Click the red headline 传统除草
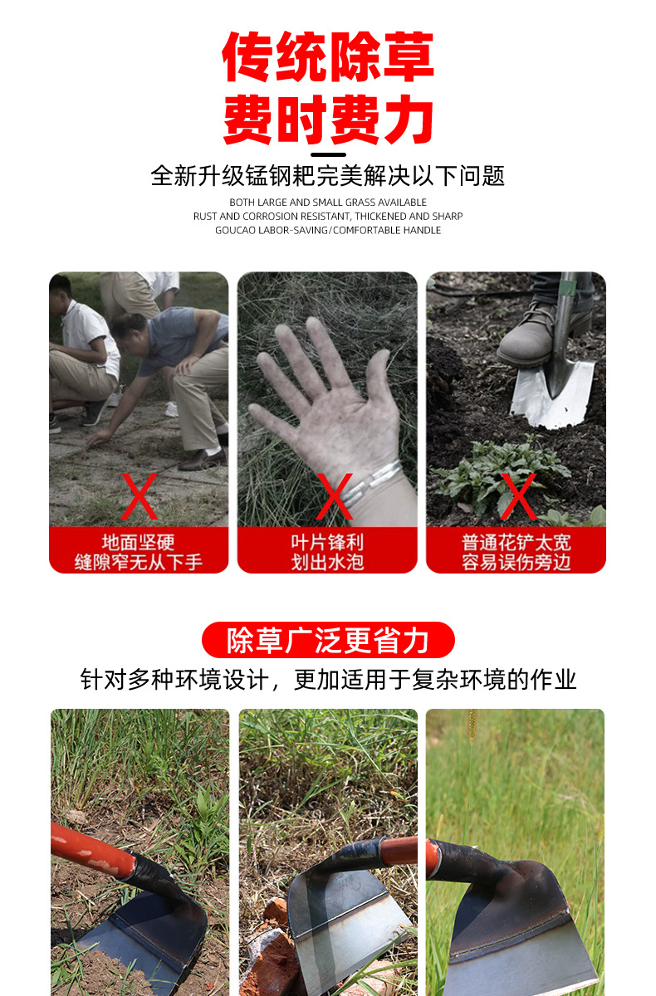328,58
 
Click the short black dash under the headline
328,154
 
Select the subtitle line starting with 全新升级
328,176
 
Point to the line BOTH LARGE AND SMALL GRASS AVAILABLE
328,203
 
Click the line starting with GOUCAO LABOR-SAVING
328,230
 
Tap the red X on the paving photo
139,496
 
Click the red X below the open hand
335,496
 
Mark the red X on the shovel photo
519,496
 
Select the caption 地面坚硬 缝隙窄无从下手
139,552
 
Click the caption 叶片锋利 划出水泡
327,552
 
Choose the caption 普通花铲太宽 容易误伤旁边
516,552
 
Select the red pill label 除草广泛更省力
328,640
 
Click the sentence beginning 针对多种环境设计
328,680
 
